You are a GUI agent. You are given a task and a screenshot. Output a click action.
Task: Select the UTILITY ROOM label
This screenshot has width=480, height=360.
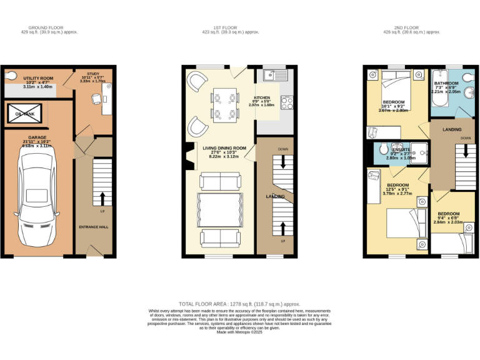click(38, 78)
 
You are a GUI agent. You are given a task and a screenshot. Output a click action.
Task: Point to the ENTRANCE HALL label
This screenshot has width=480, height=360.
click(94, 227)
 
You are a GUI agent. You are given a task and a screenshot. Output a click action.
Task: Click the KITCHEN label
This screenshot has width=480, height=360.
click(262, 97)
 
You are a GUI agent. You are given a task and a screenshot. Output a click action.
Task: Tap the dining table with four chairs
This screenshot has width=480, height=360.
click(225, 106)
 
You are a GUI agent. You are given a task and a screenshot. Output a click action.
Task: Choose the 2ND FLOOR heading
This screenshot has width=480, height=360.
click(406, 27)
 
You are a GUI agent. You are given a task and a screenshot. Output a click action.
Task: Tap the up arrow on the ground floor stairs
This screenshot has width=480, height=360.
click(102, 198)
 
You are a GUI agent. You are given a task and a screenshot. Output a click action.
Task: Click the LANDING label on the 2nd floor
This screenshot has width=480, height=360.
click(452, 129)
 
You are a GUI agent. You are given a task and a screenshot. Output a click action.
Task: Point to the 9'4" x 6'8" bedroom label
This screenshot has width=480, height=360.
click(449, 214)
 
